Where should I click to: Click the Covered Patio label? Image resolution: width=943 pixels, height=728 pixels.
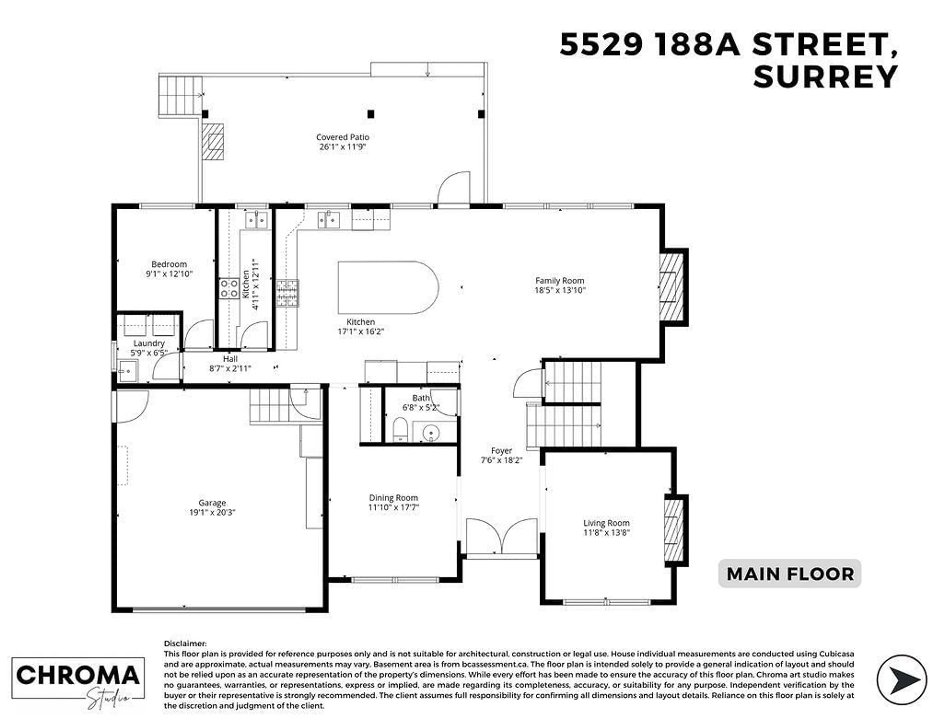[x=342, y=137]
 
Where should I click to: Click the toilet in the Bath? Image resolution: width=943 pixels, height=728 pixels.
[x=400, y=429]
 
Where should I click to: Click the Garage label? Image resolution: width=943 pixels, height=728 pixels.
[x=212, y=503]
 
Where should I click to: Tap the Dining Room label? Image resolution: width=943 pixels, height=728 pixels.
[x=393, y=498]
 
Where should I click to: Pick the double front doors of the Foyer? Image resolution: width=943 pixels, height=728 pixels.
[x=502, y=537]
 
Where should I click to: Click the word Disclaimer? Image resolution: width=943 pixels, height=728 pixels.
[x=185, y=643]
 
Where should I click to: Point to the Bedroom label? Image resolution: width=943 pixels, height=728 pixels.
[x=169, y=264]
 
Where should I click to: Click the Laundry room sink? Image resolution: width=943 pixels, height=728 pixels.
[x=127, y=371]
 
